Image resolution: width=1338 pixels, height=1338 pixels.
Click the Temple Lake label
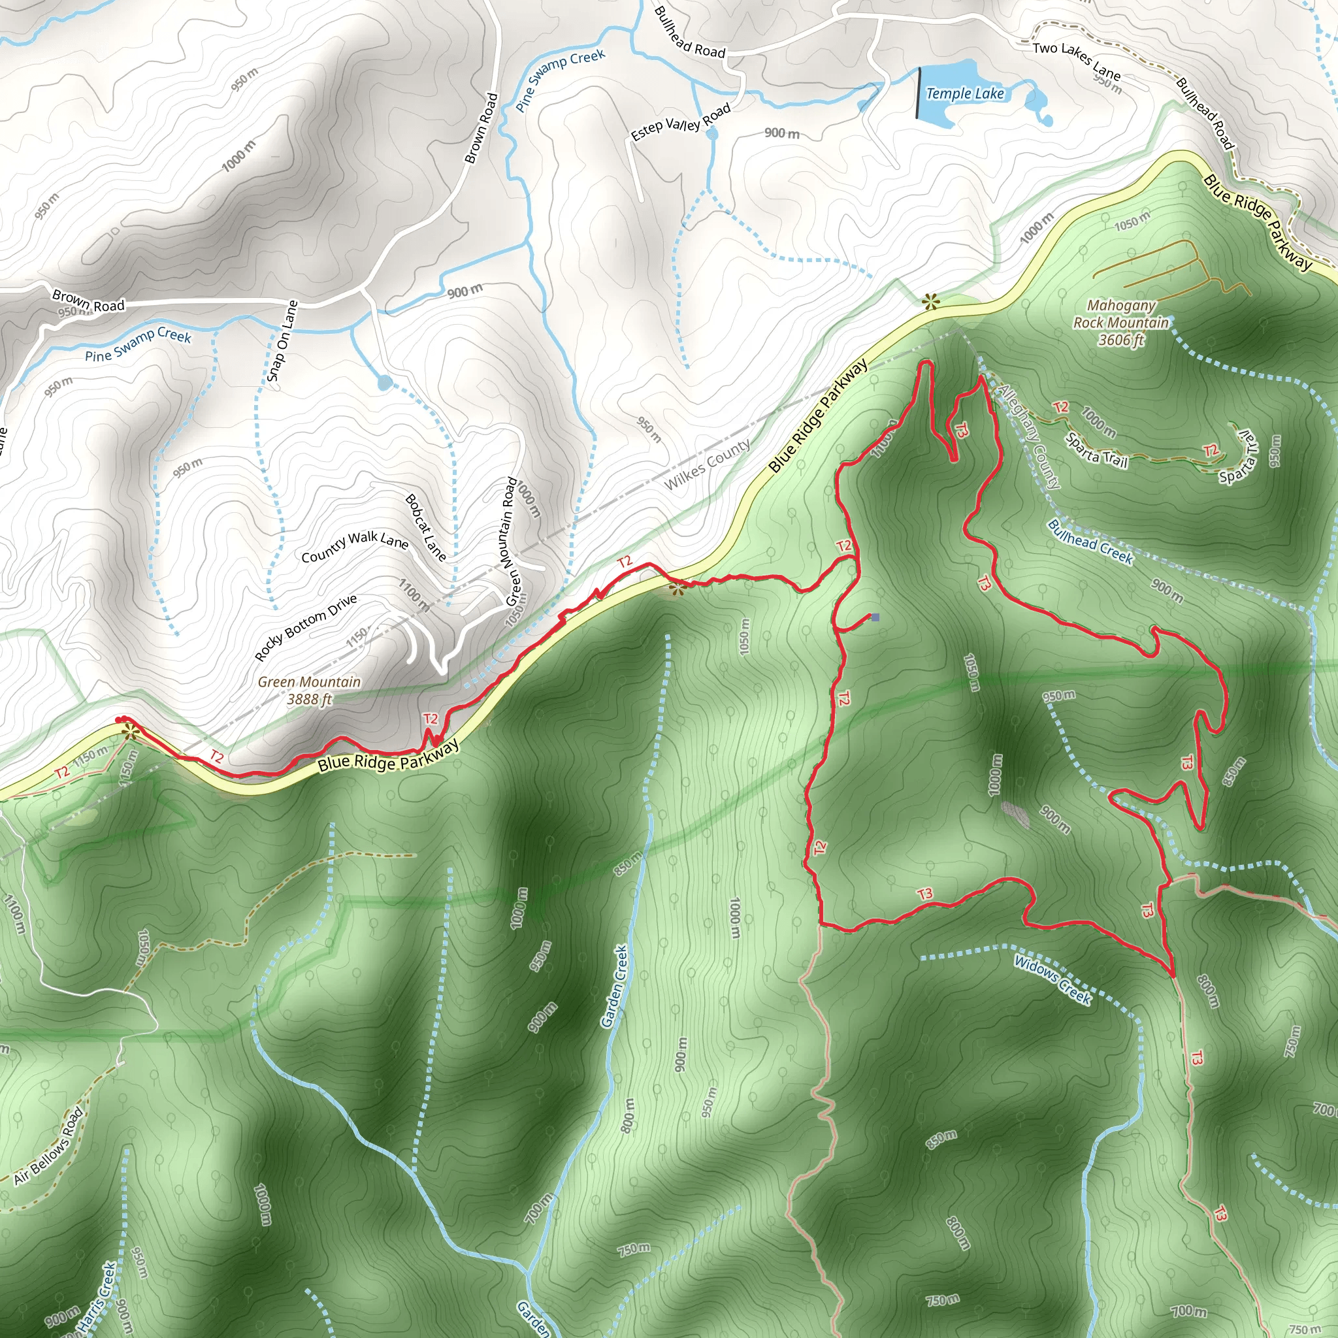[965, 93]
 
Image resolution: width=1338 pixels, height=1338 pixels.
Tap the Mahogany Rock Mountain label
[1120, 323]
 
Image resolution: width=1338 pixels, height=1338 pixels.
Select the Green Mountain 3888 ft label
[310, 691]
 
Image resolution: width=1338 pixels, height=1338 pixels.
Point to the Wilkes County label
[707, 465]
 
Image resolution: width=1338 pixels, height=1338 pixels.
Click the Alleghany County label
[1028, 437]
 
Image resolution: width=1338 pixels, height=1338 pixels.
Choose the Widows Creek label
[1052, 979]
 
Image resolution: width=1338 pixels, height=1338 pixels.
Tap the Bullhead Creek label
[1090, 542]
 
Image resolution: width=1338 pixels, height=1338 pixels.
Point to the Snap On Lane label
[282, 341]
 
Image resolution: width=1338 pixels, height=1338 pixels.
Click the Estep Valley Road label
[681, 122]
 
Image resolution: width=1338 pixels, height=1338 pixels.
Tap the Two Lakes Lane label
[1076, 60]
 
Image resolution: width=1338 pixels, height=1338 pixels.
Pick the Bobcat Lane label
[425, 527]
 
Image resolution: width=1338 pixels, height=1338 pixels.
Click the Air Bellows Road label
[48, 1145]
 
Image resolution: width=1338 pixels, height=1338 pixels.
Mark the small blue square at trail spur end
[875, 617]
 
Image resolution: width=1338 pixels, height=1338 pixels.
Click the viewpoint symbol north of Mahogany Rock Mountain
[930, 301]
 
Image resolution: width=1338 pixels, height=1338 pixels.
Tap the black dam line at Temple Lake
[919, 93]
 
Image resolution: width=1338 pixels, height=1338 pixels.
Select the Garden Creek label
[613, 986]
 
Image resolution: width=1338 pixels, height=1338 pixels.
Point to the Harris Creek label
[96, 1299]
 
